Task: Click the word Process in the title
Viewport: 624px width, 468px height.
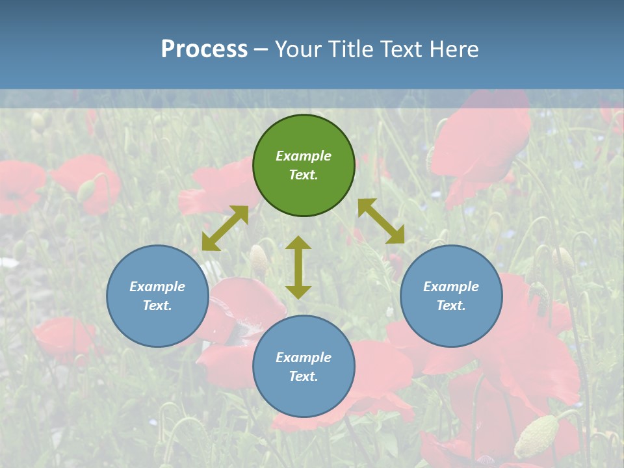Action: [x=204, y=49]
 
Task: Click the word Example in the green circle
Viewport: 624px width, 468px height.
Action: [x=304, y=156]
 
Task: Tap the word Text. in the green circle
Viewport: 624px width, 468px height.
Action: [x=304, y=175]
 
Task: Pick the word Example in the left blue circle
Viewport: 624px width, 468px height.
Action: [x=157, y=287]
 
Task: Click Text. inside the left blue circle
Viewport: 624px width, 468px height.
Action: [x=157, y=306]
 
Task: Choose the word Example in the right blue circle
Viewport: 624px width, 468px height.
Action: [x=451, y=287]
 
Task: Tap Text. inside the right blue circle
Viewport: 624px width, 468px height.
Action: [x=451, y=306]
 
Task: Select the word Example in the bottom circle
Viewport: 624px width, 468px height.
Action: [x=304, y=357]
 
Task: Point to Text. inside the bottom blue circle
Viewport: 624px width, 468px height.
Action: [x=304, y=377]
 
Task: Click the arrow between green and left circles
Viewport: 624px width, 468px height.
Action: [x=225, y=228]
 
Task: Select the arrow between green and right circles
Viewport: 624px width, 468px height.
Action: [x=382, y=221]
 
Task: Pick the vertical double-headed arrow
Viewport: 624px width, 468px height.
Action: [x=298, y=267]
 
